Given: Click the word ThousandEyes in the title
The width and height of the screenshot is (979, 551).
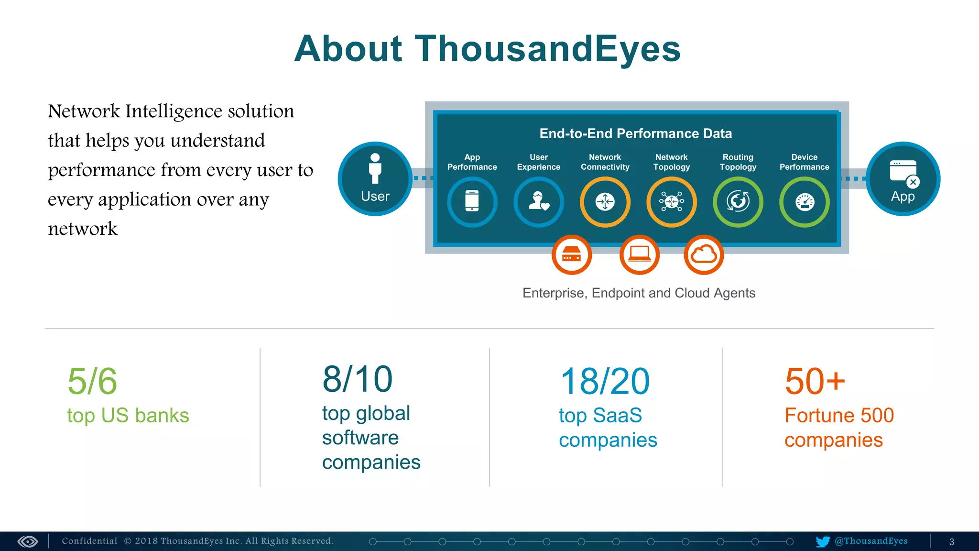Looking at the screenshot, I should pyautogui.click(x=547, y=49).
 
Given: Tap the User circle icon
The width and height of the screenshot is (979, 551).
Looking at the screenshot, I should pyautogui.click(x=375, y=179).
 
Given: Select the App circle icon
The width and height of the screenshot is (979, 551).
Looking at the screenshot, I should pyautogui.click(x=903, y=179).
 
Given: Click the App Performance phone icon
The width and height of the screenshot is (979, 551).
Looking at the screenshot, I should pyautogui.click(x=472, y=201).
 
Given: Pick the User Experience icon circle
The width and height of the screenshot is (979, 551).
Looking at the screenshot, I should pyautogui.click(x=539, y=201).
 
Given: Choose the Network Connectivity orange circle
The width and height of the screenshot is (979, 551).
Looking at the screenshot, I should pyautogui.click(x=605, y=201).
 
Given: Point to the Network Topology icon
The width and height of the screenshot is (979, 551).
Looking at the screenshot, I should pyautogui.click(x=672, y=201).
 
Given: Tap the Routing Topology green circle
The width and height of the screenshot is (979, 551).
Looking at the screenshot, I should pyautogui.click(x=738, y=201).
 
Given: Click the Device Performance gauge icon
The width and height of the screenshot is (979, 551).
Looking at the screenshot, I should pyautogui.click(x=805, y=201).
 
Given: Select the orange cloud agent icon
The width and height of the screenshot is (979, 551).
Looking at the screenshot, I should pyautogui.click(x=704, y=254).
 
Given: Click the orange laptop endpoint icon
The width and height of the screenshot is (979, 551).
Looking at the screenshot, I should pyautogui.click(x=639, y=254).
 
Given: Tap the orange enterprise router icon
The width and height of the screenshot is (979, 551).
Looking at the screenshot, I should pyautogui.click(x=572, y=254).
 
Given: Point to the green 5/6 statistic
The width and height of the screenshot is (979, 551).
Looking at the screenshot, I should pyautogui.click(x=92, y=381).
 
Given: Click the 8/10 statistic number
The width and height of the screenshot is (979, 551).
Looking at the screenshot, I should pyautogui.click(x=357, y=379).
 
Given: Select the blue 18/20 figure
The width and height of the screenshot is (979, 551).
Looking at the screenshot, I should pyautogui.click(x=605, y=381).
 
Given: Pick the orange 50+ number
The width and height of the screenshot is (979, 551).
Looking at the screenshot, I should pyautogui.click(x=815, y=381).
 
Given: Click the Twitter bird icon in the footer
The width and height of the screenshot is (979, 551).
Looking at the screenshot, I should pyautogui.click(x=823, y=541).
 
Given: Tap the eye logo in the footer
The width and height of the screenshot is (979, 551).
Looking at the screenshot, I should pyautogui.click(x=28, y=541).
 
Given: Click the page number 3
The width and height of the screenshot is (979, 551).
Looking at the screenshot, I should pyautogui.click(x=951, y=542).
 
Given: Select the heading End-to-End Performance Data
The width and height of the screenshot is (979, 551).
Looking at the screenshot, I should pyautogui.click(x=635, y=133).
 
